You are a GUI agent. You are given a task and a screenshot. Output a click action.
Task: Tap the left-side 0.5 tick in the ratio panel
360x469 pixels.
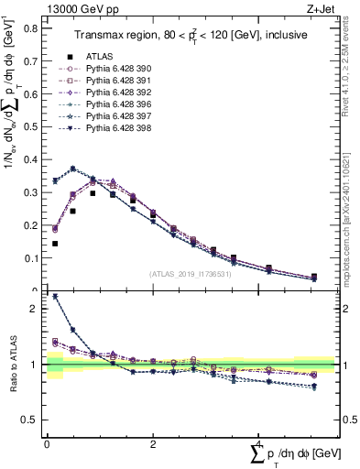click(x=32, y=420)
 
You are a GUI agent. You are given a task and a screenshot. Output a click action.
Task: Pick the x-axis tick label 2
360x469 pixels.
click(x=152, y=443)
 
